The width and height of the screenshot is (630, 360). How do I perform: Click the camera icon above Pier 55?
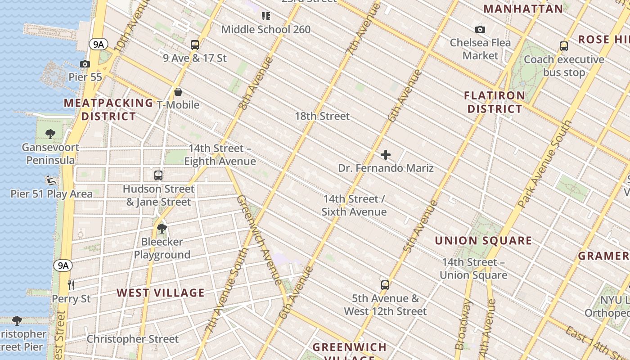click(85, 64)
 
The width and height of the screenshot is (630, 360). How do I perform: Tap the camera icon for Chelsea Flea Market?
click(480, 30)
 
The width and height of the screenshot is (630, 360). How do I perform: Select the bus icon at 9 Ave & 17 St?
click(194, 45)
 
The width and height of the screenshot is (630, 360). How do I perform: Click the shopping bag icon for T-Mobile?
click(178, 92)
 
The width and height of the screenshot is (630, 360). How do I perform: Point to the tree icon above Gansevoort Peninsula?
click(50, 134)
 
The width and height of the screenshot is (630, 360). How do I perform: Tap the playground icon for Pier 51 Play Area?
click(51, 180)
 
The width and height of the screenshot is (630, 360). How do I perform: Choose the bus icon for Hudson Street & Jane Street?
click(158, 175)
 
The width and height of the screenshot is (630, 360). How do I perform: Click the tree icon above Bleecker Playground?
click(162, 229)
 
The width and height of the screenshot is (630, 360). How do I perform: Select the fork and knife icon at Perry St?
click(71, 285)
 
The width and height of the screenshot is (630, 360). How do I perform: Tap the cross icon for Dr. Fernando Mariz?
click(386, 155)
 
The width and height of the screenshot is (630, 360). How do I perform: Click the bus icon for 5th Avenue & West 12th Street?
click(385, 285)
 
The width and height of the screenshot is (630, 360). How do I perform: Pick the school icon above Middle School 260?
click(266, 17)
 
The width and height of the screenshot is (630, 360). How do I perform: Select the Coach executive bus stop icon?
click(563, 46)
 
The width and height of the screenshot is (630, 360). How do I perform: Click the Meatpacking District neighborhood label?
click(108, 109)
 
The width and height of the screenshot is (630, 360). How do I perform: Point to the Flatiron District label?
click(495, 102)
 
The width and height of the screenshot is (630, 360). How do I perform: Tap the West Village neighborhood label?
click(161, 293)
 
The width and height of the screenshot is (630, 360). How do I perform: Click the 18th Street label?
click(322, 116)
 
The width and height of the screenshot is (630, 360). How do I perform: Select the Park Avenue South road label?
click(544, 163)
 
